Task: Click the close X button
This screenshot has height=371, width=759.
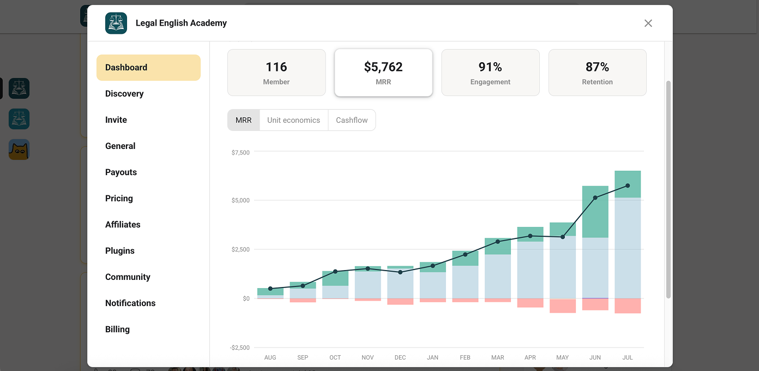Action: pyautogui.click(x=648, y=23)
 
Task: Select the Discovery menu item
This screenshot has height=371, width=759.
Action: pyautogui.click(x=124, y=94)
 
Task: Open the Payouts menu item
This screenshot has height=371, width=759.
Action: pyautogui.click(x=121, y=172)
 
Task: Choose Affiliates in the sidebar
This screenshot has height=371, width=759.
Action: pyautogui.click(x=123, y=224)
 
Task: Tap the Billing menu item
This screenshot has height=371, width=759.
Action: pyautogui.click(x=117, y=330)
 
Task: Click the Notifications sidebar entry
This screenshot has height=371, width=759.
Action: pyautogui.click(x=130, y=303)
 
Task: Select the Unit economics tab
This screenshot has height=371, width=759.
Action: pyautogui.click(x=293, y=120)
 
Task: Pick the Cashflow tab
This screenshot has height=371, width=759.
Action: pyautogui.click(x=352, y=120)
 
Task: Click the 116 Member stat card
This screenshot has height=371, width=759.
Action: pyautogui.click(x=276, y=73)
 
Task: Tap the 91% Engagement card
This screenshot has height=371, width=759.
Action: pyautogui.click(x=490, y=73)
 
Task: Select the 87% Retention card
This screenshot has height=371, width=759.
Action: pyautogui.click(x=598, y=73)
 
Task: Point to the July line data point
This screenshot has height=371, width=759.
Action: pyautogui.click(x=628, y=186)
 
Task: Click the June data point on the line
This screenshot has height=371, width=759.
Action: pyautogui.click(x=595, y=198)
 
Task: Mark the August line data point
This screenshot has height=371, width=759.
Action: pyautogui.click(x=270, y=289)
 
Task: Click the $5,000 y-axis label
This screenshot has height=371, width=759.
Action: pyautogui.click(x=240, y=200)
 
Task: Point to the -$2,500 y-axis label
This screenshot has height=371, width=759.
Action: pyautogui.click(x=239, y=348)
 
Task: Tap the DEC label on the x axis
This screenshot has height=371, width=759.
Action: pyautogui.click(x=400, y=357)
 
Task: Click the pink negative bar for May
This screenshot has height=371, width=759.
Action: pyautogui.click(x=563, y=306)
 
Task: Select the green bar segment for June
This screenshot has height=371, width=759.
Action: pyautogui.click(x=595, y=212)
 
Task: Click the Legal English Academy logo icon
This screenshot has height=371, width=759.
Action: pyautogui.click(x=116, y=23)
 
